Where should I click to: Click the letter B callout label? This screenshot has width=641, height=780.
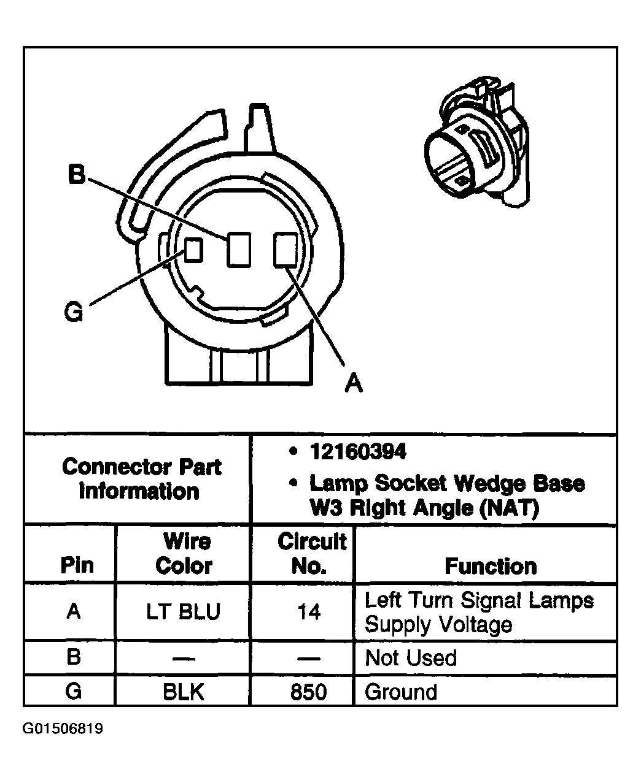pyautogui.click(x=76, y=175)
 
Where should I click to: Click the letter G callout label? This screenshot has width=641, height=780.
pyautogui.click(x=73, y=312)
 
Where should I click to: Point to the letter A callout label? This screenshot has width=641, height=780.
pyautogui.click(x=353, y=382)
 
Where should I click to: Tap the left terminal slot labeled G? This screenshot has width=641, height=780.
pyautogui.click(x=193, y=249)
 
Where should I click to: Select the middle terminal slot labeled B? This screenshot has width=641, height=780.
pyautogui.click(x=238, y=250)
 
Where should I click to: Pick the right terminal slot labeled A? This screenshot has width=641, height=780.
pyautogui.click(x=284, y=250)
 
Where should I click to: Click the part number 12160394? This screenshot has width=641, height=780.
pyautogui.click(x=357, y=453)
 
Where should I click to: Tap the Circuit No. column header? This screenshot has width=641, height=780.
pyautogui.click(x=311, y=553)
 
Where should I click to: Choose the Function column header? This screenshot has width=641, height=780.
pyautogui.click(x=490, y=565)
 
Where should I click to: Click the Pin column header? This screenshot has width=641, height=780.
pyautogui.click(x=77, y=565)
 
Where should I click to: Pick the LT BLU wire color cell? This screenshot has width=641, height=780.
pyautogui.click(x=183, y=612)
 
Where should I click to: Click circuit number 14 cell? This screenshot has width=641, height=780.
pyautogui.click(x=308, y=612)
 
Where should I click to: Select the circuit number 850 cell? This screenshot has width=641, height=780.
pyautogui.click(x=308, y=692)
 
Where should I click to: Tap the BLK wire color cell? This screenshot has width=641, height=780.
pyautogui.click(x=183, y=692)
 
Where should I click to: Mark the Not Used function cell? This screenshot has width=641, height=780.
pyautogui.click(x=411, y=658)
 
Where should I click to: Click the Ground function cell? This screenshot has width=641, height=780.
pyautogui.click(x=401, y=692)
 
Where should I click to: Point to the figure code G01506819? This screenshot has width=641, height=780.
pyautogui.click(x=63, y=729)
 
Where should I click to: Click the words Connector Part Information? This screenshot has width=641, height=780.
pyautogui.click(x=141, y=479)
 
